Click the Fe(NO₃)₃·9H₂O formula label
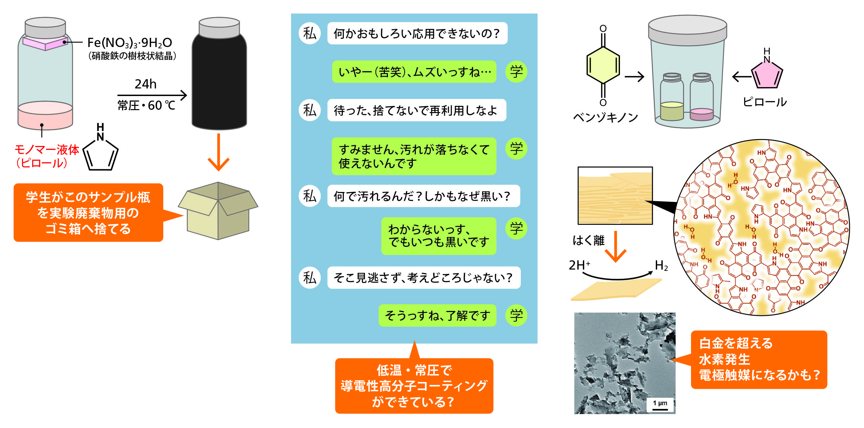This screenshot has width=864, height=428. pyautogui.click(x=129, y=43)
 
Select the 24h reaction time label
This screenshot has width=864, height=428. pyautogui.click(x=145, y=84)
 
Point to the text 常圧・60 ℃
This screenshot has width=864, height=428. pyautogui.click(x=146, y=106)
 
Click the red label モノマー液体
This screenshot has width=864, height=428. pyautogui.click(x=47, y=149)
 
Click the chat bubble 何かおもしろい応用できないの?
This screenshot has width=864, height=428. pyautogui.click(x=417, y=33)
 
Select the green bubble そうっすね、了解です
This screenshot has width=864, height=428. pyautogui.click(x=437, y=315)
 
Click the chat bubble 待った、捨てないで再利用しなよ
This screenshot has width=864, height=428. pyautogui.click(x=416, y=110)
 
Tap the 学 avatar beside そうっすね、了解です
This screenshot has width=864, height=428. pyautogui.click(x=516, y=315)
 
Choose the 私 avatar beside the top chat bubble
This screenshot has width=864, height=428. pyautogui.click(x=310, y=33)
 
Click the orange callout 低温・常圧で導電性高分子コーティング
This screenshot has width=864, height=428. pyautogui.click(x=414, y=386)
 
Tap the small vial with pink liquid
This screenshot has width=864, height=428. pyautogui.click(x=701, y=97)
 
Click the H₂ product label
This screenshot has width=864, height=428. pyautogui.click(x=661, y=266)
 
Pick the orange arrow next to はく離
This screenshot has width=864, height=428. pyautogui.click(x=615, y=247)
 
